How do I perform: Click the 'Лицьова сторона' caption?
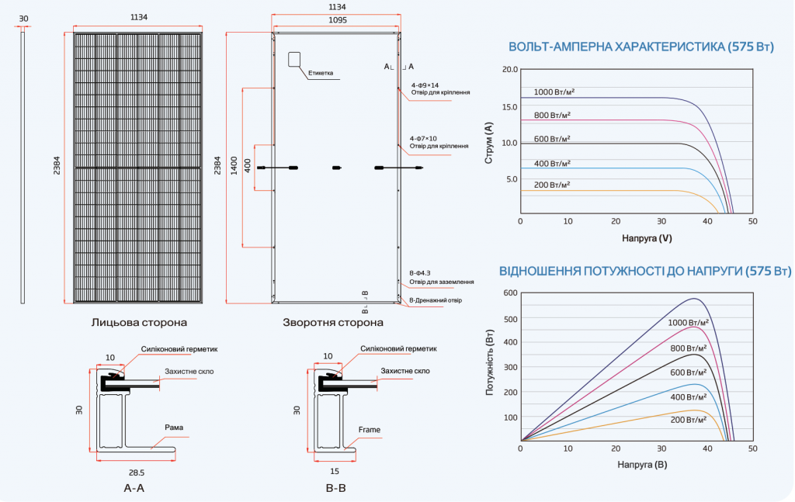tap(139, 322)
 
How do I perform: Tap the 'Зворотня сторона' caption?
tap(333, 322)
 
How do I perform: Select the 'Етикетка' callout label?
tap(321, 73)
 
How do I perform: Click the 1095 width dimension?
tap(338, 20)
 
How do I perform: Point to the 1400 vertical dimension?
tap(234, 165)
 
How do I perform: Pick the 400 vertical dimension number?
tap(248, 165)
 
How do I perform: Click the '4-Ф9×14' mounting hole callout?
tap(425, 85)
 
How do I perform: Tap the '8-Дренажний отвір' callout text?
tap(436, 300)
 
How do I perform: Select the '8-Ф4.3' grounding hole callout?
tap(420, 273)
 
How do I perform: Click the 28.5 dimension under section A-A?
tap(137, 473)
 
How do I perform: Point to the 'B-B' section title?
tap(335, 488)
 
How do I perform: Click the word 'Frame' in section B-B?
tap(369, 430)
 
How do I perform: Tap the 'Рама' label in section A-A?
tap(174, 428)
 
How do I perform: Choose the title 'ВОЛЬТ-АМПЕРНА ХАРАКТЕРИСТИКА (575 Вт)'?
tap(641, 47)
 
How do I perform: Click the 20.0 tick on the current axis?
tap(510, 69)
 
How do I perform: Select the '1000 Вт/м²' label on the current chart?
tap(554, 92)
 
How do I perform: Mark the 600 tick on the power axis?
tap(511, 293)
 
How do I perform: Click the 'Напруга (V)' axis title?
tap(647, 238)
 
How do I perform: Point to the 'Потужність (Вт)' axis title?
tap(490, 362)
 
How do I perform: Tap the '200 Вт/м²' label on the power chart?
tap(689, 420)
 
